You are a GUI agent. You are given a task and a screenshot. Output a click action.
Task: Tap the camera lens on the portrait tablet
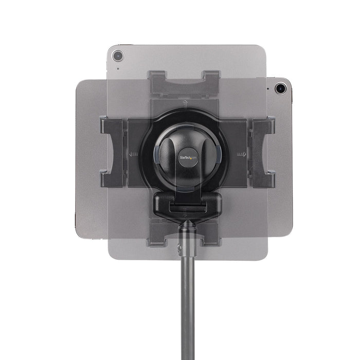(118, 55)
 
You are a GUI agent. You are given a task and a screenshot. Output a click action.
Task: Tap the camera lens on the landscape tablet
(280, 88)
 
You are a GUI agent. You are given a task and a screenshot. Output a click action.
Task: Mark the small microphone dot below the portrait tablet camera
(118, 68)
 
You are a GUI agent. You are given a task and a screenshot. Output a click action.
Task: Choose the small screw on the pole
(179, 248)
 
